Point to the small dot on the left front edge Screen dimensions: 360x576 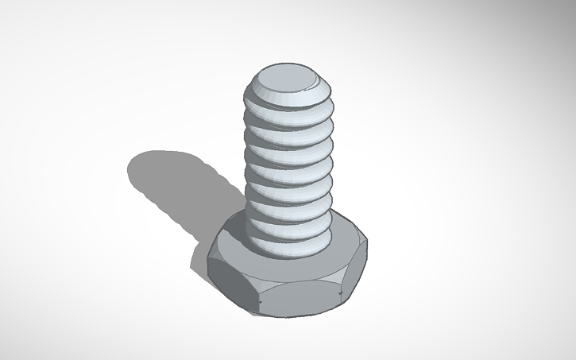pos(261,303)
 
